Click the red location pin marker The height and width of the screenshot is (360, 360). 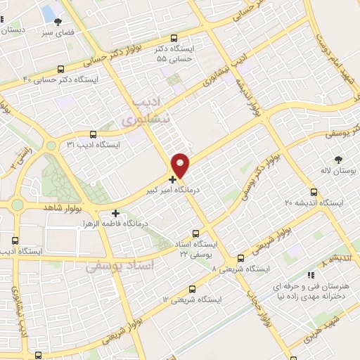coord(181,165)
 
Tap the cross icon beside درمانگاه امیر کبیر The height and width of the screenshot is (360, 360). coord(173,179)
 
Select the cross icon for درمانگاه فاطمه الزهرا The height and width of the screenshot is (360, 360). coord(115,212)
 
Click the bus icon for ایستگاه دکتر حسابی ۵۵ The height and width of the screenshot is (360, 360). coord(174,39)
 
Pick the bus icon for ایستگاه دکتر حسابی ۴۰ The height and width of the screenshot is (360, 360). coord(61,69)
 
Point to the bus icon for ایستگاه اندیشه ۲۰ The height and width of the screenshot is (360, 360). coord(314,191)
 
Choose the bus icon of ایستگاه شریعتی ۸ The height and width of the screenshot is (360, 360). coord(241,258)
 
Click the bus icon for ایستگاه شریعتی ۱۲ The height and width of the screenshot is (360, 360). coord(193,288)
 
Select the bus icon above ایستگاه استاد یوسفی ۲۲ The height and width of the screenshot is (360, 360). coord(197,233)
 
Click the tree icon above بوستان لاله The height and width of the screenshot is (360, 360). coord(339,160)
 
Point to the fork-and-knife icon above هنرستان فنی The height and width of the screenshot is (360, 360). coord(311,276)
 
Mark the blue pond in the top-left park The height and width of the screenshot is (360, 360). coord(49,13)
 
